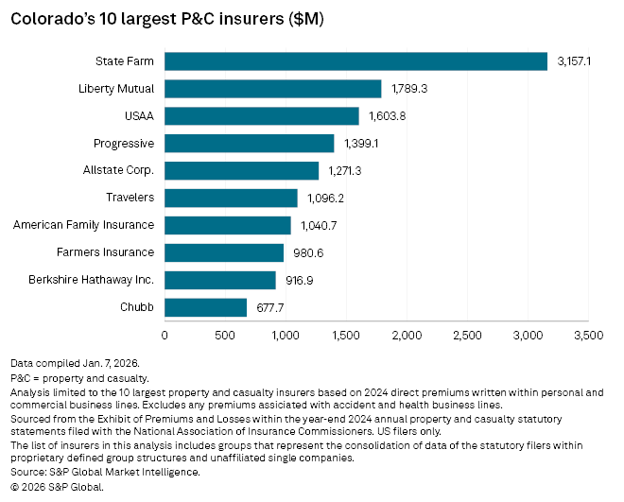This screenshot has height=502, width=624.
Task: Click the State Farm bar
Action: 356,61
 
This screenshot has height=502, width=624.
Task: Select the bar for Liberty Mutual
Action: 273,89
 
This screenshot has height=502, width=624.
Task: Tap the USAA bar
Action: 262,116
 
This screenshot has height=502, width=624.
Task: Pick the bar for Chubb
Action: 206,307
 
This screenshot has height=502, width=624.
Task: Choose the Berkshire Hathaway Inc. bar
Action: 220,280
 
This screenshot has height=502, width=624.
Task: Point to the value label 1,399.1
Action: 360,144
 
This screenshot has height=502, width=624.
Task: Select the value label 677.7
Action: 271,307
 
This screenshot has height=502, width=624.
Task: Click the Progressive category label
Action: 124,144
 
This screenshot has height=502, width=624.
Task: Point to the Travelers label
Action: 131,198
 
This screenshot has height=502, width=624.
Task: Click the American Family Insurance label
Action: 84,225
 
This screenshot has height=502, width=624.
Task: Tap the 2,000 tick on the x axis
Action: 407,336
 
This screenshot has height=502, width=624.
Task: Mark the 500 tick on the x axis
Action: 225,336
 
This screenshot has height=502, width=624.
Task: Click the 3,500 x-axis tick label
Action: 588,336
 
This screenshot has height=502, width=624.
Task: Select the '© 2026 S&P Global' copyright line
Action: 57,487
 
